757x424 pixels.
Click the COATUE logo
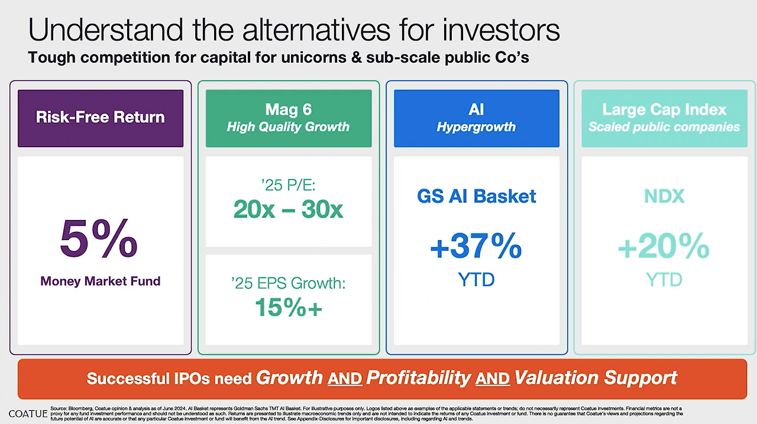(28, 414)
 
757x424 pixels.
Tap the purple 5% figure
(99, 238)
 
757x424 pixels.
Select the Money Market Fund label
(101, 281)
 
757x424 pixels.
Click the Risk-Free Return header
(101, 117)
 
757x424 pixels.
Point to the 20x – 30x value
(288, 209)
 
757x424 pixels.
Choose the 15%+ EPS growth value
(289, 307)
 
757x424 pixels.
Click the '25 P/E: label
(288, 185)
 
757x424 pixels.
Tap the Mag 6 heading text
(289, 109)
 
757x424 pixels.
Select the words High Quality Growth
(288, 127)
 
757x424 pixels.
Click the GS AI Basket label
(477, 196)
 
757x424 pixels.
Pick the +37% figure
(476, 246)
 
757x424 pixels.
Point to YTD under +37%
(476, 280)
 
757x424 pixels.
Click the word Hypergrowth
(476, 127)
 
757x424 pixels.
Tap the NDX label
(664, 196)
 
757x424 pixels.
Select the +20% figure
(664, 246)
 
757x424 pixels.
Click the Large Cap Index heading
(664, 109)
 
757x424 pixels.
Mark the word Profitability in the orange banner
(418, 378)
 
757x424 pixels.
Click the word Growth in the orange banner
(289, 377)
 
